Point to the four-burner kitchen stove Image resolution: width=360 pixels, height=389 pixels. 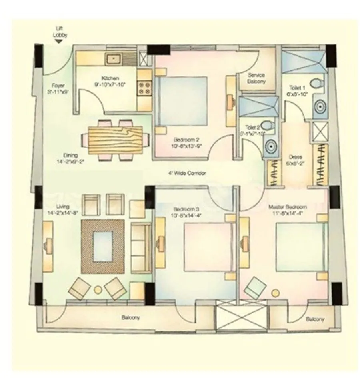tap(144, 88)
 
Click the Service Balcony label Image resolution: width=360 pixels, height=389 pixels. tap(256, 78)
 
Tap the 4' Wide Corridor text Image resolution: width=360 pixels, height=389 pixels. tap(187, 174)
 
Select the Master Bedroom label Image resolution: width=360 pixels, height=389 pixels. tap(288, 207)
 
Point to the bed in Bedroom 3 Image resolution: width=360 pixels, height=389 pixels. tap(206, 246)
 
